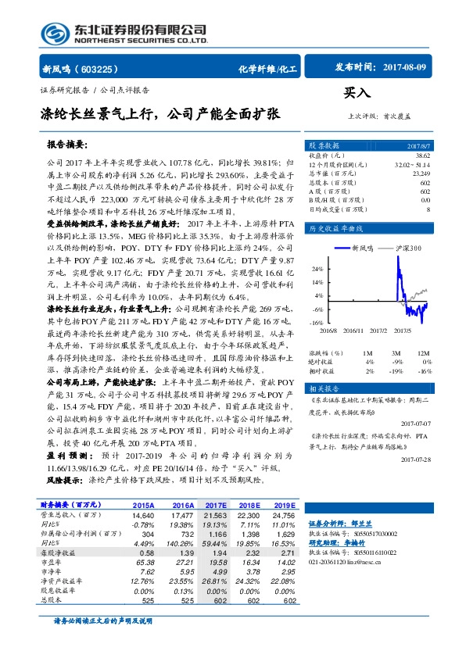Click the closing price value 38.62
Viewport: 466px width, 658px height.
(422, 157)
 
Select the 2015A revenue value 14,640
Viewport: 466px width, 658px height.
(142, 517)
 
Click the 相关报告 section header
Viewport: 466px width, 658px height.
(324, 388)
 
